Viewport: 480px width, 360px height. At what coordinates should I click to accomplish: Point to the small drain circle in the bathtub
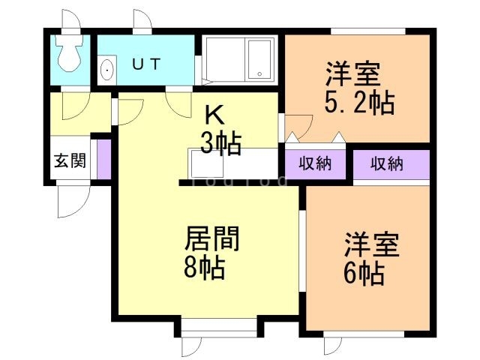[259, 73]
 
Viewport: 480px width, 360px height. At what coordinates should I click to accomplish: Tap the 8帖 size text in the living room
[205, 267]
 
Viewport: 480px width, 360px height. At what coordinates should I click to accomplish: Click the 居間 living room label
[212, 240]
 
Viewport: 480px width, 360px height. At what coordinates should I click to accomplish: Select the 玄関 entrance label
[69, 160]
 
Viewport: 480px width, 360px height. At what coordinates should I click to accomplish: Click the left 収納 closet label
[315, 164]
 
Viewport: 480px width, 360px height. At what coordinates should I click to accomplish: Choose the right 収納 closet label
[387, 164]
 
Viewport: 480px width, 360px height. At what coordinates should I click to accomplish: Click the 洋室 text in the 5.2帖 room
[352, 75]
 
